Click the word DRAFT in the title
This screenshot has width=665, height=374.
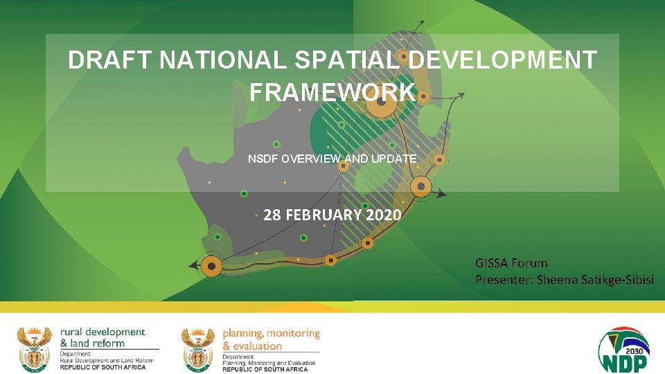click(110, 61)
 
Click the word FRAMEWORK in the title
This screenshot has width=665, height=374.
click(332, 91)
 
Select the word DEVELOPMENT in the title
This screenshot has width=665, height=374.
click(502, 61)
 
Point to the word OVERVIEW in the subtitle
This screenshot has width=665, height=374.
click(310, 159)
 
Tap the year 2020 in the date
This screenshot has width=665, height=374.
click(384, 215)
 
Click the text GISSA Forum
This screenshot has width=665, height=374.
click(511, 263)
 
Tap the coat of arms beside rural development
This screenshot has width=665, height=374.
click(34, 348)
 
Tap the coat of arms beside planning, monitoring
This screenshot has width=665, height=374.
click(198, 348)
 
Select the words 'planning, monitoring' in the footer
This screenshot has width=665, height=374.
click(271, 334)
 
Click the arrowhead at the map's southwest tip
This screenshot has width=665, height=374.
click(193, 265)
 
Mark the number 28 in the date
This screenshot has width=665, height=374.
click(272, 215)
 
